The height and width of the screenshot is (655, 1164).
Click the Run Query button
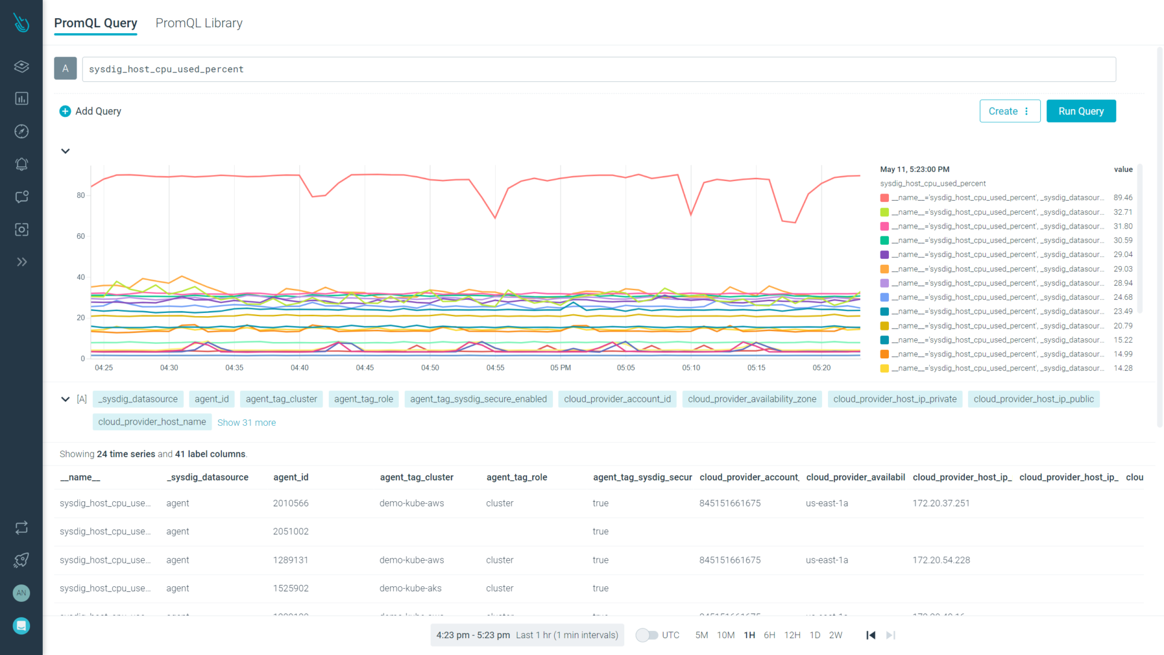(1080, 111)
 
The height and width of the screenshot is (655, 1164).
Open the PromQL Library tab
(198, 23)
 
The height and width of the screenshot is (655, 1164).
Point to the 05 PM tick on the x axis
(560, 367)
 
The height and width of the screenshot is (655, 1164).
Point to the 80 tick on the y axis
(81, 195)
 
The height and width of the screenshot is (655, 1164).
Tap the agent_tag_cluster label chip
(281, 399)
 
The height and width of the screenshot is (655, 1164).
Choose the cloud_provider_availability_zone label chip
(751, 399)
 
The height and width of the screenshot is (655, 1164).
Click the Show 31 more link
(246, 423)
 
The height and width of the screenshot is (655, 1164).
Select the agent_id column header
(291, 477)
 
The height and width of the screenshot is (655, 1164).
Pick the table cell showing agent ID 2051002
(291, 531)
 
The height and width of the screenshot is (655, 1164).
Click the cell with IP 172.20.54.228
(941, 560)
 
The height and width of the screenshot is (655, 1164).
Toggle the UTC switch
(647, 635)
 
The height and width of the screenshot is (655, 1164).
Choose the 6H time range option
(769, 635)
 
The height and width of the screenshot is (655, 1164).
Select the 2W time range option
(835, 635)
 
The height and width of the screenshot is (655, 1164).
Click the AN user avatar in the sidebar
(21, 593)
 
